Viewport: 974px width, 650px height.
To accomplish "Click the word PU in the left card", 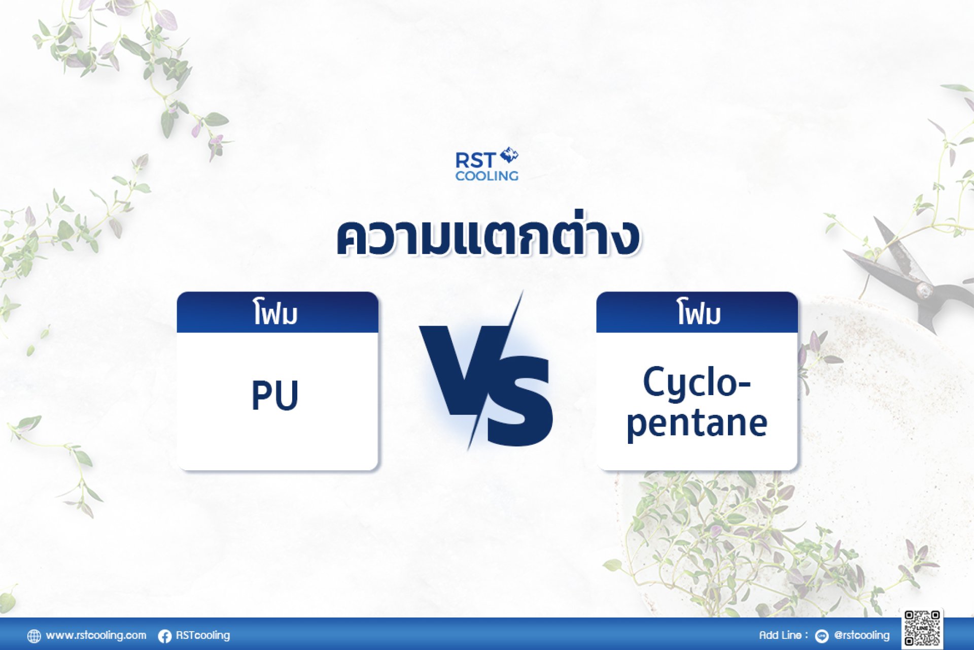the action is tap(275, 395).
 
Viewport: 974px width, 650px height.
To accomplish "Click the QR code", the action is tap(923, 628).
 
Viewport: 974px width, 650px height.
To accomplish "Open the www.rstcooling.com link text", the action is tap(96, 635).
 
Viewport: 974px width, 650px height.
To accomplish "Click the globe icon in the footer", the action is tap(34, 636).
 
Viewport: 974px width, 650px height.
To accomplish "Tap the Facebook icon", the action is tap(164, 636).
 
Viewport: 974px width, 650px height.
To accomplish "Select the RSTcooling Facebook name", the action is tap(202, 635).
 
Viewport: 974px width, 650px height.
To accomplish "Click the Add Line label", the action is tap(783, 635).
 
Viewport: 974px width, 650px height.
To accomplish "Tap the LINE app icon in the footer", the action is tap(821, 636).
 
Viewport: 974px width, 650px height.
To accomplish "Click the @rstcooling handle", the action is tap(861, 635).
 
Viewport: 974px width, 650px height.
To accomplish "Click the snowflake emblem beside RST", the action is tap(509, 155).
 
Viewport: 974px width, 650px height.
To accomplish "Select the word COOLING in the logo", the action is tap(486, 176).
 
